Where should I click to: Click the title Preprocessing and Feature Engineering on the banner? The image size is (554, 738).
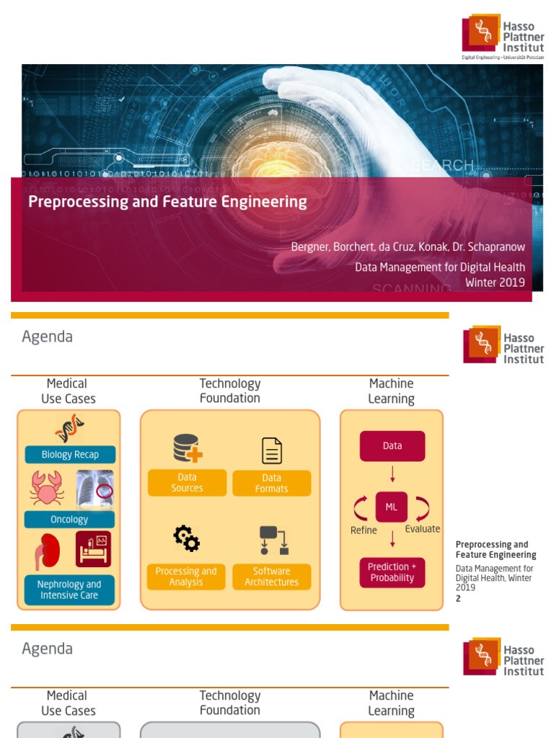[167, 202]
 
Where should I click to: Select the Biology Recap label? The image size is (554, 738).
[70, 455]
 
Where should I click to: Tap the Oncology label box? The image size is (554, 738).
[70, 520]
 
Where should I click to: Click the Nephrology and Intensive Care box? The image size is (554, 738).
[70, 590]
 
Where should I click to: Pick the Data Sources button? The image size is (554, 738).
[187, 483]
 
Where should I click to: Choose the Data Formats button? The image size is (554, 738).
[271, 484]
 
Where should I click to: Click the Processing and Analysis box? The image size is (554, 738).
[186, 577]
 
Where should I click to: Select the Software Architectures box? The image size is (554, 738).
[271, 577]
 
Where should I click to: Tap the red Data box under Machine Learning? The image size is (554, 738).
[392, 446]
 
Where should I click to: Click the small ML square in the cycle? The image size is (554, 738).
[392, 507]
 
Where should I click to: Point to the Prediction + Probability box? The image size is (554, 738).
[392, 572]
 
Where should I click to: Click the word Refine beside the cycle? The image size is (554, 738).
[364, 530]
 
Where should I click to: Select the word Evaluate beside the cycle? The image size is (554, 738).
[422, 529]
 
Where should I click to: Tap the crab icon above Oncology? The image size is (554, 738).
[47, 488]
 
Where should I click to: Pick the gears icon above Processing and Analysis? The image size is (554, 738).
[186, 538]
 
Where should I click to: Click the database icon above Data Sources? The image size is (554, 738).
[188, 448]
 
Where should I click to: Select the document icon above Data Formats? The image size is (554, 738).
[272, 450]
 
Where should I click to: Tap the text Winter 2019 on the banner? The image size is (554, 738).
[495, 283]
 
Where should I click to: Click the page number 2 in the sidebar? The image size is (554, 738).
[458, 598]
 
